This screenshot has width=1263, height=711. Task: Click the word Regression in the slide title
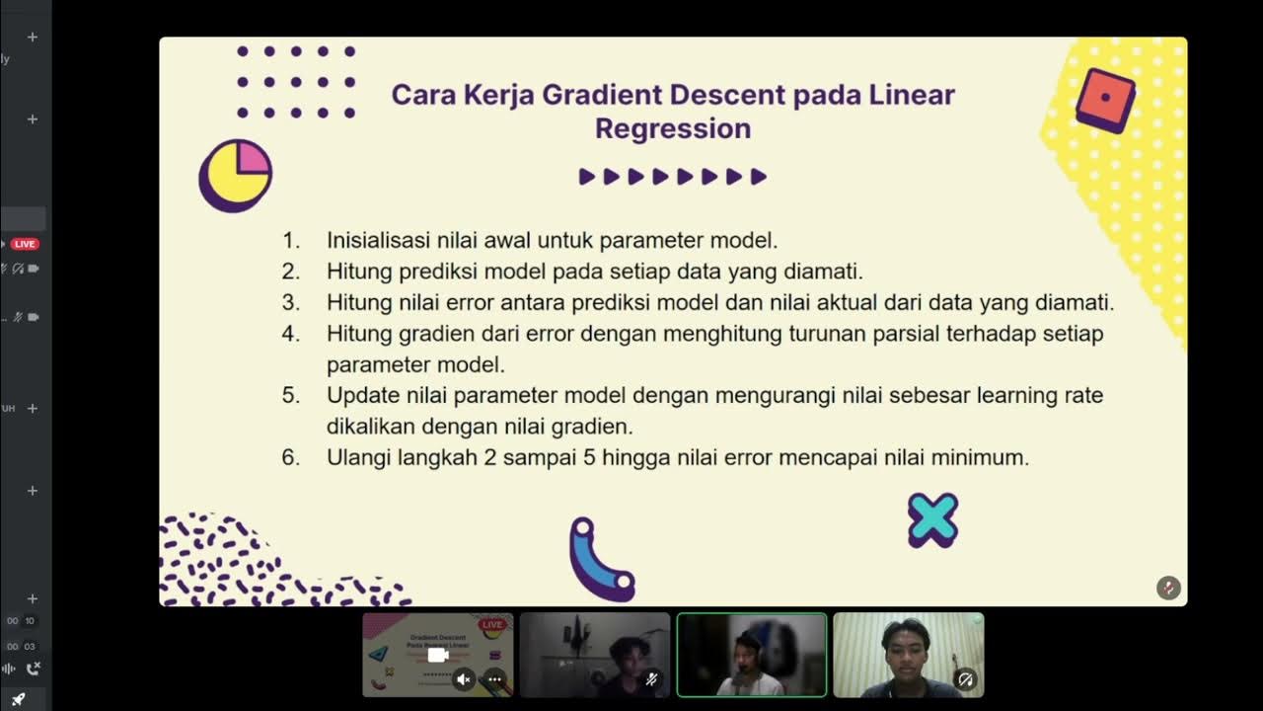tap(673, 129)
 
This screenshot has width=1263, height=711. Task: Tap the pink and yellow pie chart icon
tap(236, 175)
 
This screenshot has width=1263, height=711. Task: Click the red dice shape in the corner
tap(1105, 100)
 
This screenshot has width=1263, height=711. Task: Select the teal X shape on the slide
tap(932, 520)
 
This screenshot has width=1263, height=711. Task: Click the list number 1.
tap(290, 240)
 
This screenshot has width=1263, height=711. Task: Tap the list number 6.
tap(290, 458)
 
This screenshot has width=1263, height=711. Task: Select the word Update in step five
tap(363, 396)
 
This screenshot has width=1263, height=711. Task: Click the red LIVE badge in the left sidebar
tap(25, 244)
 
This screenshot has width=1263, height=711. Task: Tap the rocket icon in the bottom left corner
tap(18, 700)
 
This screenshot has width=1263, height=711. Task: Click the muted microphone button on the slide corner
tap(1168, 588)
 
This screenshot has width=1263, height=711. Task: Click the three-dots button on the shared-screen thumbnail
tap(494, 679)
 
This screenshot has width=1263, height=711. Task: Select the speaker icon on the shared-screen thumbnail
tap(464, 679)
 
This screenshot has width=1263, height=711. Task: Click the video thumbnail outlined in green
tap(751, 655)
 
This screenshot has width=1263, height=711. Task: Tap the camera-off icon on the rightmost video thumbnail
tap(966, 679)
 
